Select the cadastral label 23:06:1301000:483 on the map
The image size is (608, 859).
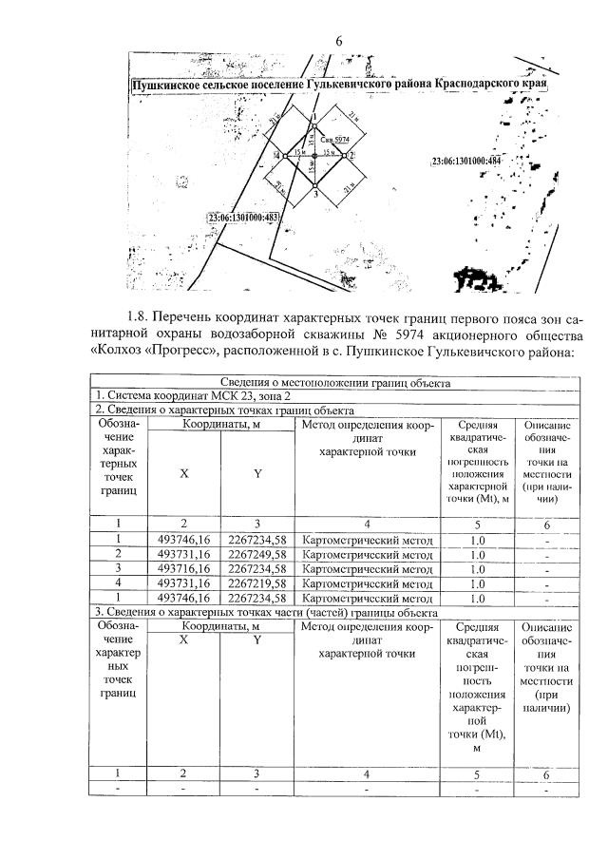[x=244, y=218]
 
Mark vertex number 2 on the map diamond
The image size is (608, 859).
[x=351, y=154]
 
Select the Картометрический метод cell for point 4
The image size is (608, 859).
[x=366, y=583]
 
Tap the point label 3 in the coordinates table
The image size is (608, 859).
[x=119, y=569]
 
